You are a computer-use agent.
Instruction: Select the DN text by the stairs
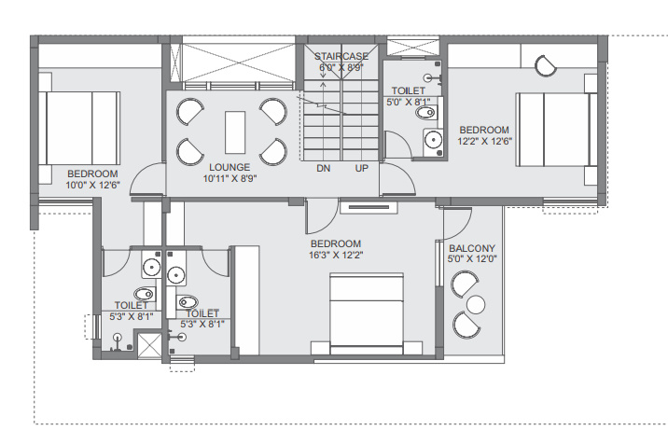point(323,169)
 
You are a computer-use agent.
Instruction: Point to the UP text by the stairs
point(361,169)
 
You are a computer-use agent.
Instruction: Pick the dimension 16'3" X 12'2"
point(337,255)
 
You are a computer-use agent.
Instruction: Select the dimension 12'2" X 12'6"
point(484,141)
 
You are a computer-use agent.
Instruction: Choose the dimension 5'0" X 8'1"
point(408,103)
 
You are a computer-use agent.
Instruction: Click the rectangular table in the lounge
point(233,131)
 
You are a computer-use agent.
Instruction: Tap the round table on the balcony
point(477,305)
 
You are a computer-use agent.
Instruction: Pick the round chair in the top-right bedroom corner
point(546,64)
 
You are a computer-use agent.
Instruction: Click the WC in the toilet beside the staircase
point(425,114)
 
